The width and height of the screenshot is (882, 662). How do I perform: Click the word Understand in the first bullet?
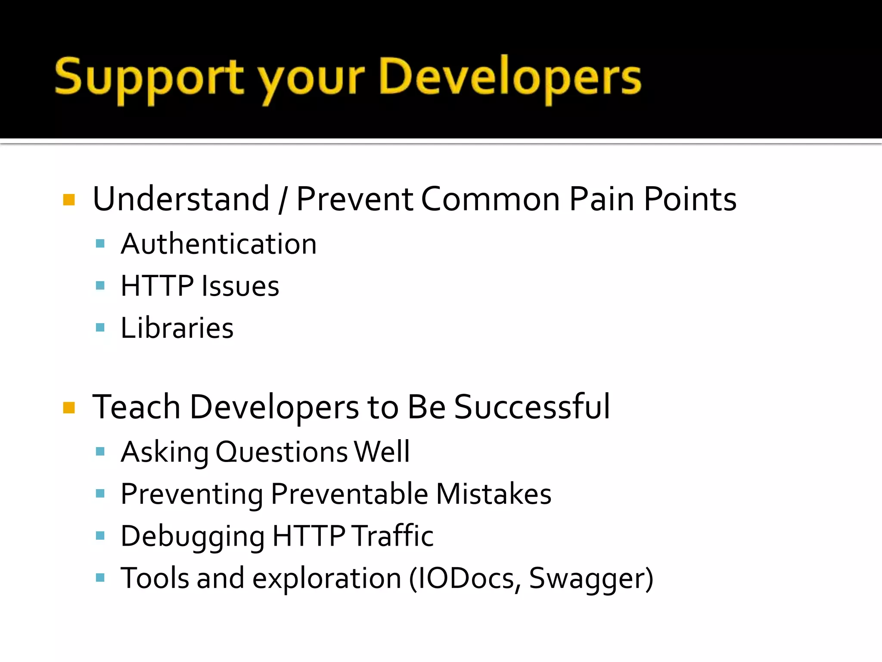click(181, 199)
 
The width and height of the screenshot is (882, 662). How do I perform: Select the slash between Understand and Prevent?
click(283, 200)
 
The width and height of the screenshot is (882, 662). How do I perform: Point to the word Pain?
click(602, 199)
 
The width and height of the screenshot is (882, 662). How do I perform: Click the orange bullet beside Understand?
click(69, 200)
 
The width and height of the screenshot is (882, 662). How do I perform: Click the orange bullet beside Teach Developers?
click(69, 407)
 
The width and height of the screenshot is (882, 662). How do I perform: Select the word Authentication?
click(219, 244)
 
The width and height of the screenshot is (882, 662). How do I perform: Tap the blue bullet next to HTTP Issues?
click(100, 285)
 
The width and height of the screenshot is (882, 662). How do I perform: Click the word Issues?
click(240, 286)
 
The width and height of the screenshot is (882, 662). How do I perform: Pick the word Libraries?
click(177, 328)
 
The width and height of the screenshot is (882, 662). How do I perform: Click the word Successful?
click(532, 407)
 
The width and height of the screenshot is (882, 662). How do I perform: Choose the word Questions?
click(282, 453)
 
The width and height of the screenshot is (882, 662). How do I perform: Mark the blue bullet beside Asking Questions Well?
click(100, 452)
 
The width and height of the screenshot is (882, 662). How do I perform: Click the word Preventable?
click(349, 494)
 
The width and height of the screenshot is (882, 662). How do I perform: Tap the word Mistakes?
click(494, 494)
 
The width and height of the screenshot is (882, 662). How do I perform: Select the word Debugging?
click(193, 537)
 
